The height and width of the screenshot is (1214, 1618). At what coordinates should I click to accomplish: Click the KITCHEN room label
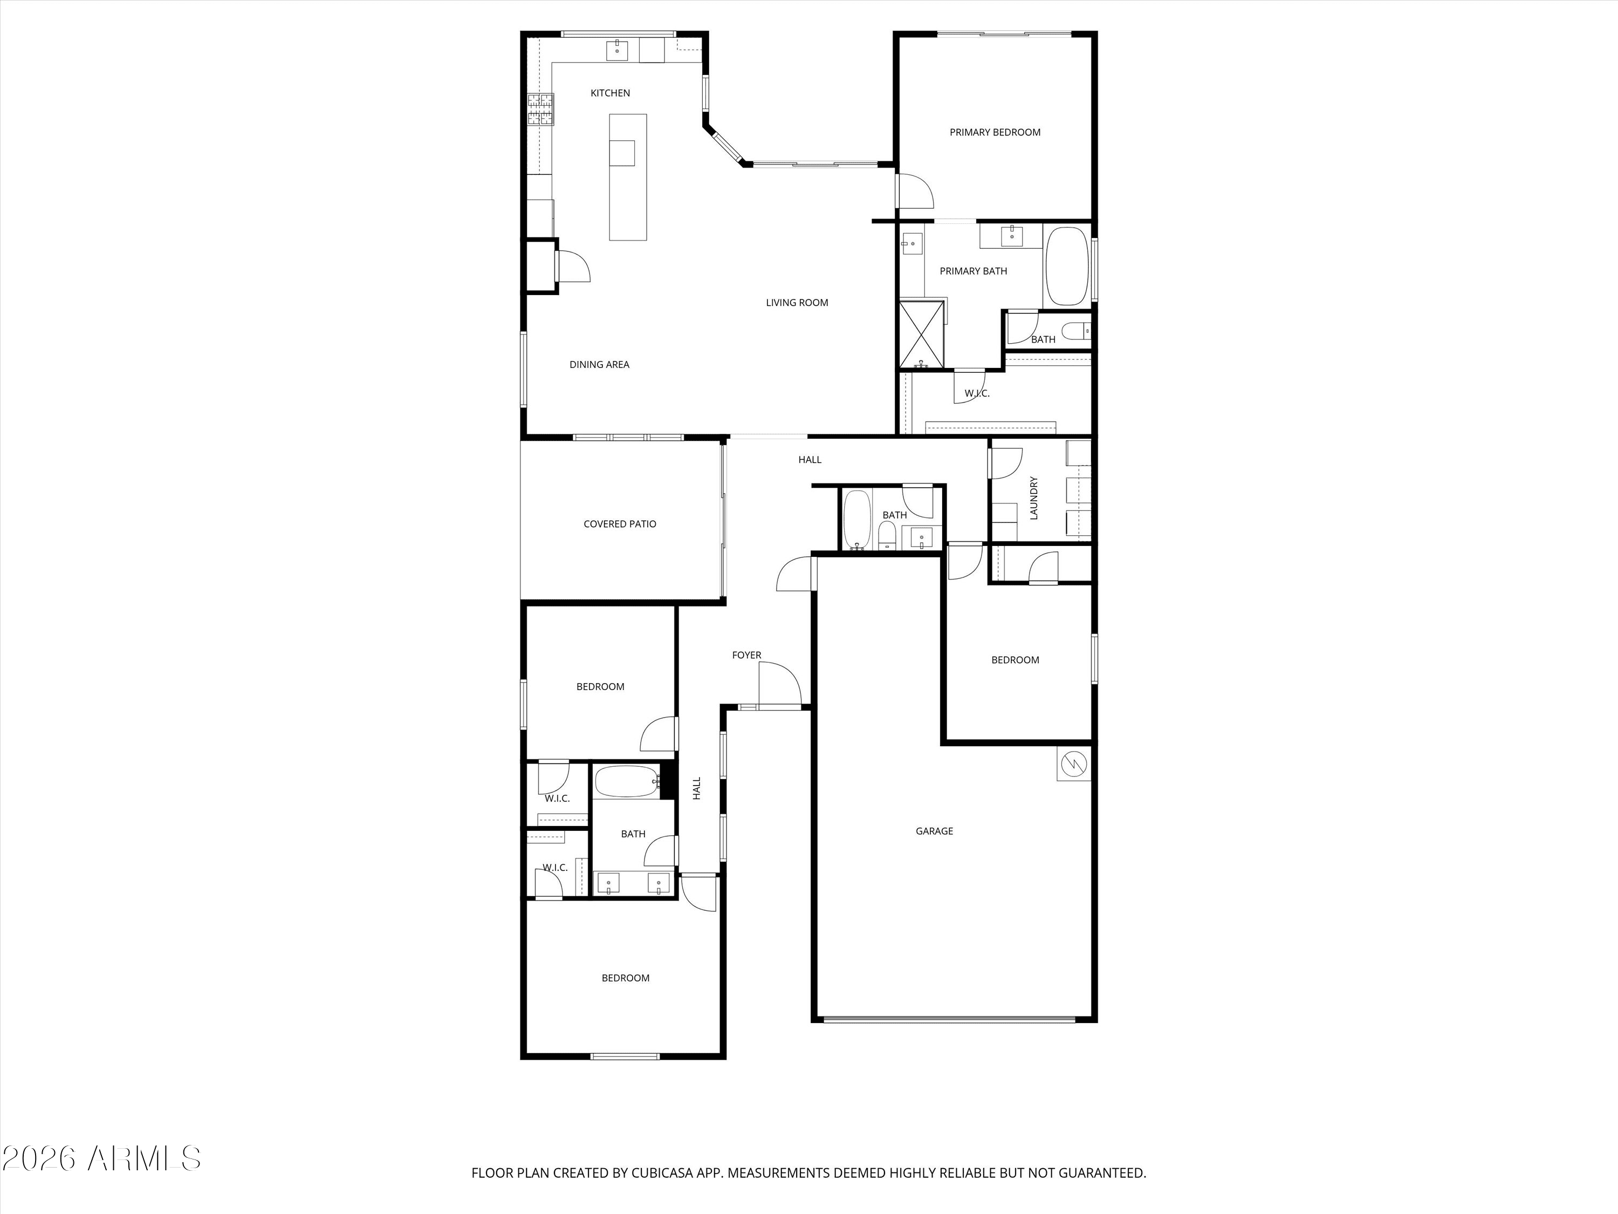pos(610,93)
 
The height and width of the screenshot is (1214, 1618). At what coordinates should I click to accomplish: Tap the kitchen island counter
pos(628,177)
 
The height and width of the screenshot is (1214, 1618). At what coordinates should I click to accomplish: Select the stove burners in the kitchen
pos(540,110)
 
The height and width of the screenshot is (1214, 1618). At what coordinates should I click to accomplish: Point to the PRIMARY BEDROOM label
pos(995,132)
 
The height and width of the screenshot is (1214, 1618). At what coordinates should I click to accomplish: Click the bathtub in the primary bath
pos(1067,267)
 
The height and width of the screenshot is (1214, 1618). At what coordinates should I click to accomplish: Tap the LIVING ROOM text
pos(797,302)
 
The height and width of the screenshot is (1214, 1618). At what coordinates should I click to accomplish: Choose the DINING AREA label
pos(599,364)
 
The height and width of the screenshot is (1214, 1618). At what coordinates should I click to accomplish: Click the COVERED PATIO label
pos(620,524)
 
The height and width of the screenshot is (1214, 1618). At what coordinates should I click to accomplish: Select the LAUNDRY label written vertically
pos(1033,499)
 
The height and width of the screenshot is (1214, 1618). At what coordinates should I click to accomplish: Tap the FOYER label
pos(746,655)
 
